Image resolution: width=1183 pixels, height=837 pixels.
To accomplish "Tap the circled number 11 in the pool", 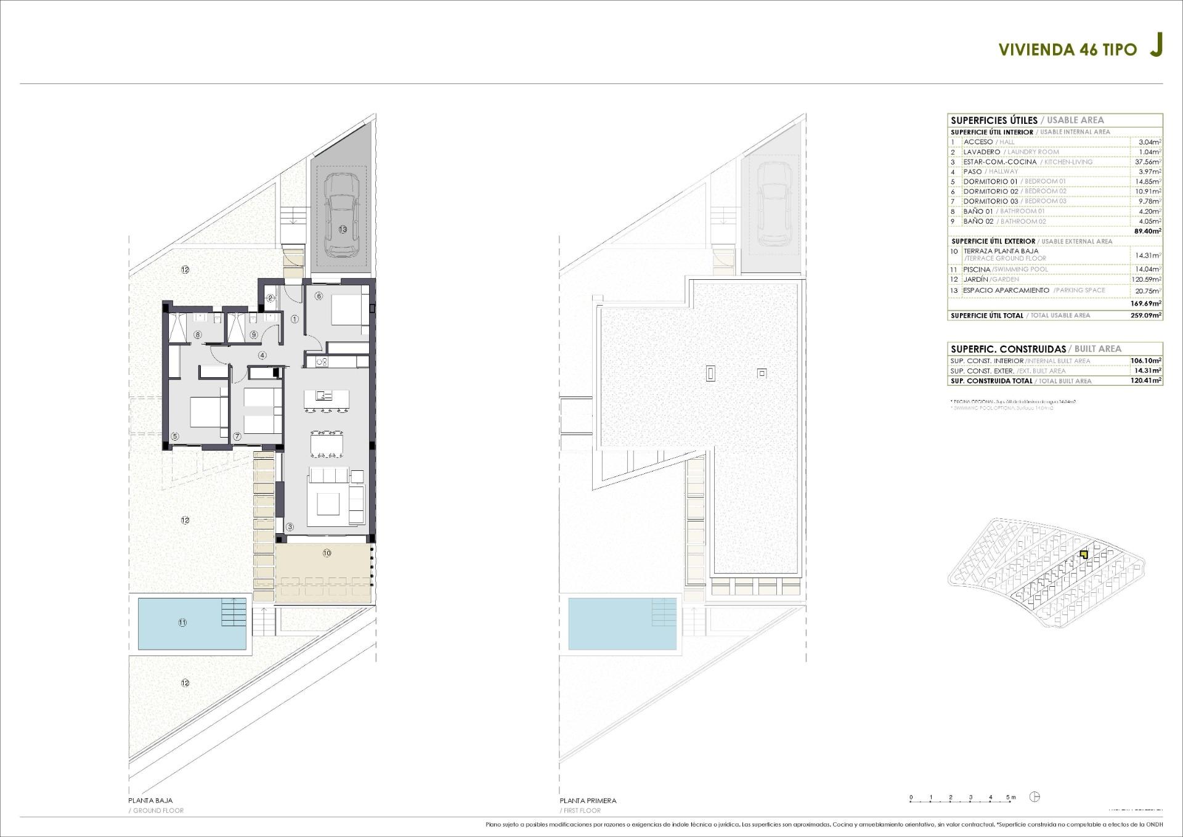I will pyautogui.click(x=182, y=623).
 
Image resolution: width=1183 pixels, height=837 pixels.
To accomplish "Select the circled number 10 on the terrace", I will pyautogui.click(x=327, y=553).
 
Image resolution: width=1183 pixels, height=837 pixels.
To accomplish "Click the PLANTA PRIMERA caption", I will pyautogui.click(x=588, y=801).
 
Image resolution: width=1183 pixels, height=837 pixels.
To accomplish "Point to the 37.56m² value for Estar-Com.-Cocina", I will pyautogui.click(x=1148, y=162).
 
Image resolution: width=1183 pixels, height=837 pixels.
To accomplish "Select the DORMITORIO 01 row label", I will pyautogui.click(x=990, y=182).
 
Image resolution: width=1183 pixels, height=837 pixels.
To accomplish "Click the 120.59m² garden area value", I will pyautogui.click(x=1147, y=280).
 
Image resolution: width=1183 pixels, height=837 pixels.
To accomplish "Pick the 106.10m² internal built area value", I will pyautogui.click(x=1146, y=361).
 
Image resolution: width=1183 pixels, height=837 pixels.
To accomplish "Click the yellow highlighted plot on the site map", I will pyautogui.click(x=1084, y=555).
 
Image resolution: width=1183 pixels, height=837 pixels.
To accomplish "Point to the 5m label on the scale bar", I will pyautogui.click(x=1010, y=797).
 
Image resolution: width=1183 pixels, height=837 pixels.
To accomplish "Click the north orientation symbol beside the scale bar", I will pyautogui.click(x=1035, y=797).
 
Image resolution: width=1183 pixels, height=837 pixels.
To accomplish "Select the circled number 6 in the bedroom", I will pyautogui.click(x=319, y=296).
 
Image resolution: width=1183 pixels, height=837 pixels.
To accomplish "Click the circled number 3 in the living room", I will pyautogui.click(x=290, y=527).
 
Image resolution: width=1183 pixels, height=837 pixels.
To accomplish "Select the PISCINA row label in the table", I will pyautogui.click(x=977, y=269).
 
